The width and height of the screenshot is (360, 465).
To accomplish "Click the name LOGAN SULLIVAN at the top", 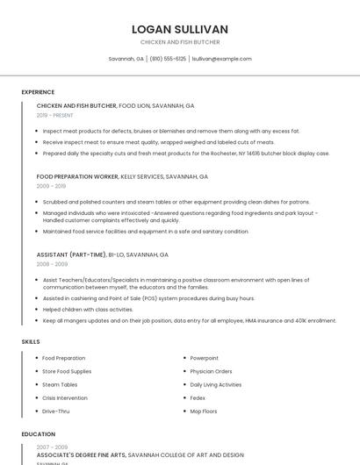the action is tap(180, 29).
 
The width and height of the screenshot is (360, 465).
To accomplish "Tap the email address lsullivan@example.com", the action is tap(221, 59).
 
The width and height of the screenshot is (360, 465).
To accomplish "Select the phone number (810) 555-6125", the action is tap(168, 59).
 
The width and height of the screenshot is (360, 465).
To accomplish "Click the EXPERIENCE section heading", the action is tap(38, 92).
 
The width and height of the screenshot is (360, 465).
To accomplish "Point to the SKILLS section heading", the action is tap(31, 341).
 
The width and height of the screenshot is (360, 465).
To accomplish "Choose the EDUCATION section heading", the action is tap(38, 434).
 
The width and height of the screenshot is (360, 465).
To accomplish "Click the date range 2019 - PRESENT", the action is tap(55, 115).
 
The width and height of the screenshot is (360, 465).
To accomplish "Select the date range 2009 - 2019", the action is tap(51, 186).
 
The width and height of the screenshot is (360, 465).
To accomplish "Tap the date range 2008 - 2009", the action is tap(52, 264).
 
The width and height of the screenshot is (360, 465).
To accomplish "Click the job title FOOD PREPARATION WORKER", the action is tap(77, 176).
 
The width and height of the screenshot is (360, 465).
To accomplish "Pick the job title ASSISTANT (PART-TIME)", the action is tap(70, 254).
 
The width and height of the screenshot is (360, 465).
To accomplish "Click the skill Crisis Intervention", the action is tap(66, 397).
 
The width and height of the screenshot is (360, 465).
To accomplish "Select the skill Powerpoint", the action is tap(205, 358).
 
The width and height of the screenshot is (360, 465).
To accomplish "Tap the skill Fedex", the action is tap(198, 397).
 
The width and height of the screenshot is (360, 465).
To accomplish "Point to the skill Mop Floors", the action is tap(204, 411).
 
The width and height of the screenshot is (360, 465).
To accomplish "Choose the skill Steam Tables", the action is tap(60, 384).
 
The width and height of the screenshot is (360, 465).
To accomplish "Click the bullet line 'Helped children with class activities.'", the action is tap(88, 310).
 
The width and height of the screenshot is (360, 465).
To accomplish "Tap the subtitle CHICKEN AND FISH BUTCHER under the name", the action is tap(180, 42).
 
